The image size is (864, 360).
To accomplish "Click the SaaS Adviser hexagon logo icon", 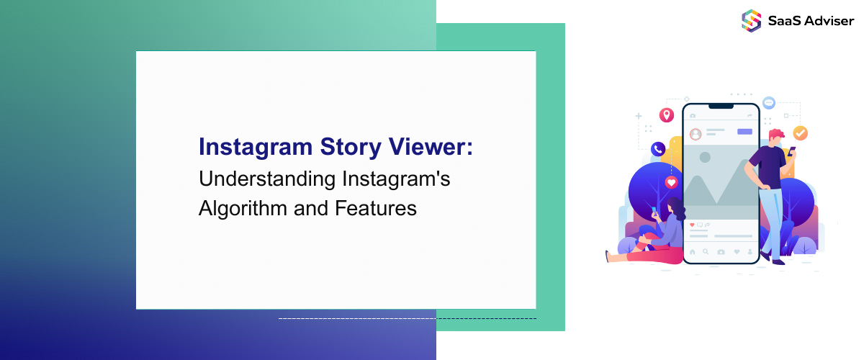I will tap(751, 19).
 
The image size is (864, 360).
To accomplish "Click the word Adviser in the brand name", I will tap(829, 20).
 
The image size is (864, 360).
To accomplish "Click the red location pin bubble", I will tap(667, 115).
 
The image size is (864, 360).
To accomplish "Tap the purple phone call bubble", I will tap(657, 149).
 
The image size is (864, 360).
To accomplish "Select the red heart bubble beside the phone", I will tap(672, 182).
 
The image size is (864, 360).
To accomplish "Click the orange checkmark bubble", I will tap(800, 133).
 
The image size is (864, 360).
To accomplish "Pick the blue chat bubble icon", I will tap(769, 103).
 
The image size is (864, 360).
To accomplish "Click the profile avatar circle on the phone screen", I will tap(696, 134).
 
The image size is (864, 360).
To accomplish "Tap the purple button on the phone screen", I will tap(744, 132).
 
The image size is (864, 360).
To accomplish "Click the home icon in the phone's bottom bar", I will tap(693, 252).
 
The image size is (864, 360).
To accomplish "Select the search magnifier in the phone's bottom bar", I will tap(706, 252).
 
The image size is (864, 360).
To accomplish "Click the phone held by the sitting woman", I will tap(654, 211).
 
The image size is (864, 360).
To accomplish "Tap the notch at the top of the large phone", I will tap(721, 106).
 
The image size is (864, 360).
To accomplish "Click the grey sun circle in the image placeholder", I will tap(705, 157).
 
